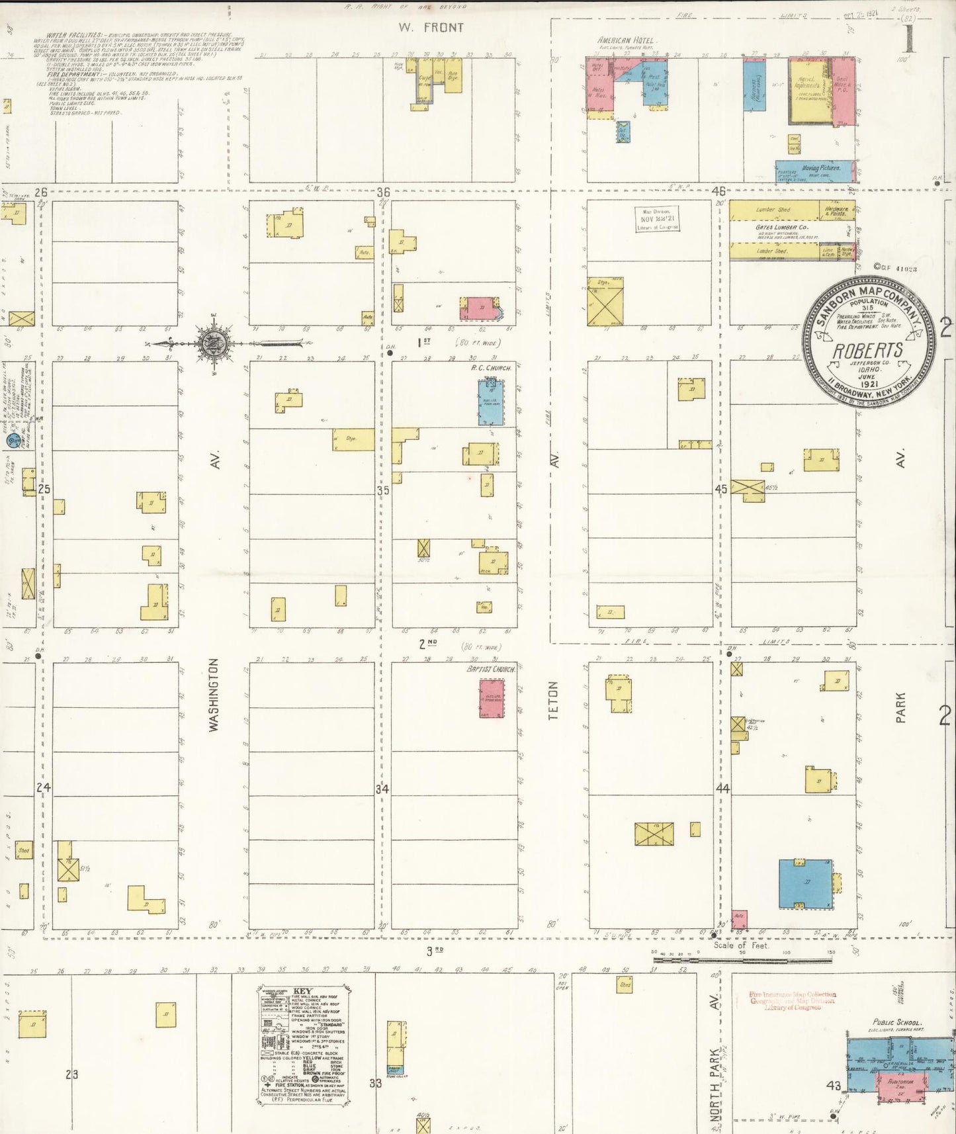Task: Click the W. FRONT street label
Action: (x=431, y=28)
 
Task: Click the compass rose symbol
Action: (x=217, y=343)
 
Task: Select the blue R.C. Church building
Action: (x=491, y=401)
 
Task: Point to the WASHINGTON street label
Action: (x=214, y=694)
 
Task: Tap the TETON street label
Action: (x=554, y=701)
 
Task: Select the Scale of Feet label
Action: (x=741, y=945)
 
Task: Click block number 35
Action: (x=383, y=490)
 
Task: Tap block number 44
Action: (x=722, y=789)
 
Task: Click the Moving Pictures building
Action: (x=818, y=169)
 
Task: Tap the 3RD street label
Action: (x=434, y=951)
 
